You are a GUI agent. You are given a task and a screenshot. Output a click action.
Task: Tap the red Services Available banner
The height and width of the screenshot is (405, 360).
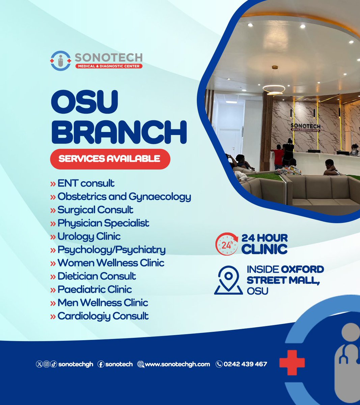pos(110,159)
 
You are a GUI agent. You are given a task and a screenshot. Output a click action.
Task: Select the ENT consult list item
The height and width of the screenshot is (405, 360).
pos(86,183)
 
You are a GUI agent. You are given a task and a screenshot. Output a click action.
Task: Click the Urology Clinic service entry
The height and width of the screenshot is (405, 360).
pos(89,236)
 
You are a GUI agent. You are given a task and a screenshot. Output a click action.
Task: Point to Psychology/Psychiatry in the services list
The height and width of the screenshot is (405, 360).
pos(111,250)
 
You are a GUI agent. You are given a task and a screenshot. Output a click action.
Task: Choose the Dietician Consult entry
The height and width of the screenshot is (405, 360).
pos(97,276)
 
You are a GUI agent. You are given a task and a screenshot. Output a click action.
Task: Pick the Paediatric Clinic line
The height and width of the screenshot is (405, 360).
pos(95,289)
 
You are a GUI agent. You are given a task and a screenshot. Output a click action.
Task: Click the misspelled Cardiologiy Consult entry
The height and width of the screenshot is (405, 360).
pos(103,316)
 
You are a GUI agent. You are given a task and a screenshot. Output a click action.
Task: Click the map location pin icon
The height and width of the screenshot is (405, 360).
pos(228,280)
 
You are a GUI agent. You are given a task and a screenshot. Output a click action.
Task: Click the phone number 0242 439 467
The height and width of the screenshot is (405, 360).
pos(245,364)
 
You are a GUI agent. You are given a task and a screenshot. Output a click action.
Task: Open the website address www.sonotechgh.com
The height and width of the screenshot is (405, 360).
pos(177,364)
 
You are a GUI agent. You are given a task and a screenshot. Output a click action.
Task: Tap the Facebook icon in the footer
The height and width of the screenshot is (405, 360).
pos(101,364)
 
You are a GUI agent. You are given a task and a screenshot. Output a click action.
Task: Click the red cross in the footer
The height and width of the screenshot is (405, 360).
pos(292,363)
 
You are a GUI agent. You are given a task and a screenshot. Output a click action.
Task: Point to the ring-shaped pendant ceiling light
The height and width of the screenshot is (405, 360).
pos(274,89)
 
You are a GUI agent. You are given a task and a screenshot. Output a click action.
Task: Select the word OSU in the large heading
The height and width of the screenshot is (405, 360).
pos(85,102)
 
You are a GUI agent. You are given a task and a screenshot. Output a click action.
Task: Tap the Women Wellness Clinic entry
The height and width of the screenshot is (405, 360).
pos(111,263)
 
